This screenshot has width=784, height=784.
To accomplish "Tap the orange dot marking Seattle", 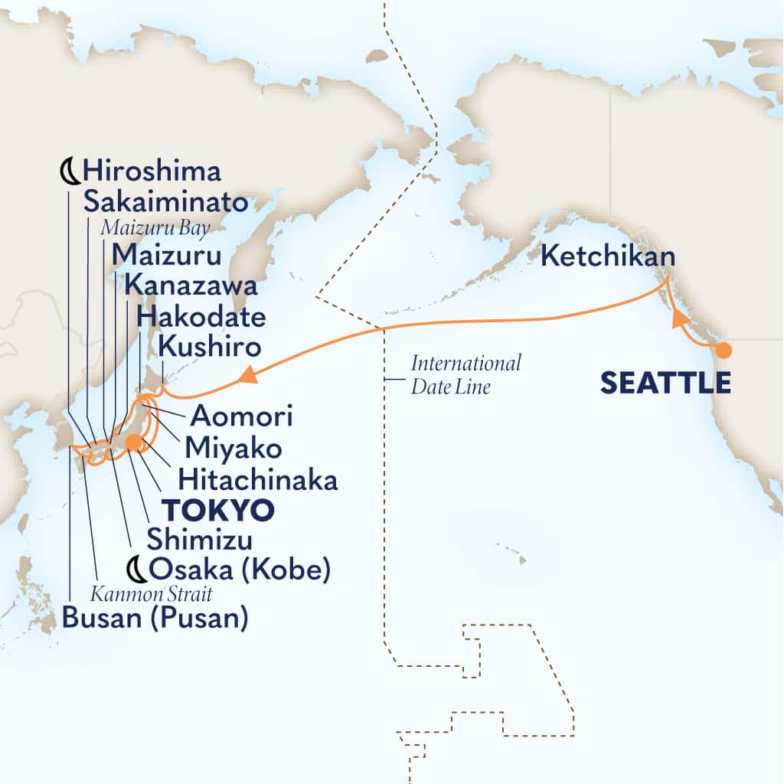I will (723, 351).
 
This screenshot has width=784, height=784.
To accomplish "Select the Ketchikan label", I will (608, 256).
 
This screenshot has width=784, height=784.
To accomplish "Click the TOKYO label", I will (217, 509).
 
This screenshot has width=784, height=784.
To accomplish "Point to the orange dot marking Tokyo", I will (133, 442).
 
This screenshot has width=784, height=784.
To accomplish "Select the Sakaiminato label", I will (166, 202).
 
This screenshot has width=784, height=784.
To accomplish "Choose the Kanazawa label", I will (190, 286).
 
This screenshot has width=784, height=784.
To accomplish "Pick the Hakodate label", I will (202, 317).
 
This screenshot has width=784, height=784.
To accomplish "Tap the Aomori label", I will (241, 417).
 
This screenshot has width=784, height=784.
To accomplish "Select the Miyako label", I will (232, 448).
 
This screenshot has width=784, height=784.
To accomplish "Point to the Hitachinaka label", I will (257, 479).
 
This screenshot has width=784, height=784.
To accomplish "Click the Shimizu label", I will (200, 539).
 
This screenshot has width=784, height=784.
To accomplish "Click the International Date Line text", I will (465, 374).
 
